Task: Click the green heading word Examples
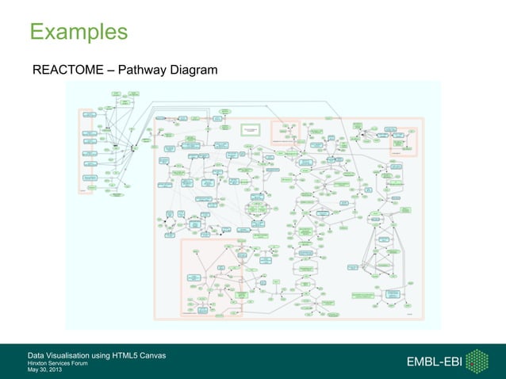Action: [79, 32]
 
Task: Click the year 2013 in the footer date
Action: [57, 369]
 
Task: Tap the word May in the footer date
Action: [33, 369]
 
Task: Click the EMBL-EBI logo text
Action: [434, 362]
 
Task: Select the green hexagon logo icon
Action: [477, 362]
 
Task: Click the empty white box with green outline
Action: [251, 129]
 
